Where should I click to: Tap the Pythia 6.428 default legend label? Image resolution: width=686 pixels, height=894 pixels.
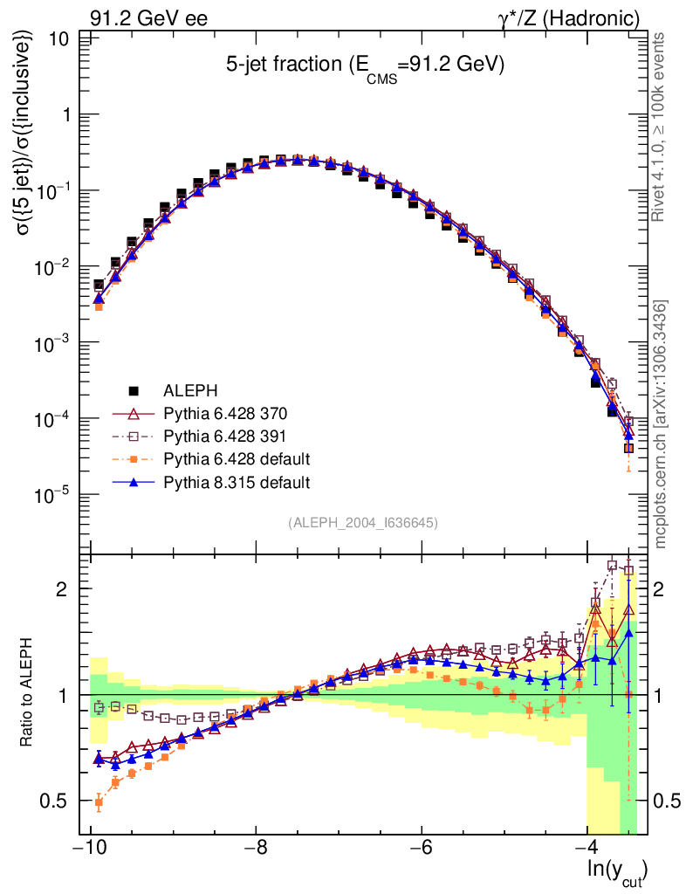(237, 458)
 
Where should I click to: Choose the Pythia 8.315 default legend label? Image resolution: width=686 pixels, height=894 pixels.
(237, 481)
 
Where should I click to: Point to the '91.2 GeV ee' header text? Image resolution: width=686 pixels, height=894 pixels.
(148, 18)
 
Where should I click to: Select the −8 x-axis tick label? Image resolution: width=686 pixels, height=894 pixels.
(255, 849)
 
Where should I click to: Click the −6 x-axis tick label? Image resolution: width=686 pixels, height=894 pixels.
(421, 849)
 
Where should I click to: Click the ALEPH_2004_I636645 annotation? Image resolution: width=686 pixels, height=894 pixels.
(362, 523)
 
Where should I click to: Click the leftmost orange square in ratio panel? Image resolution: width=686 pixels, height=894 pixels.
(99, 801)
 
